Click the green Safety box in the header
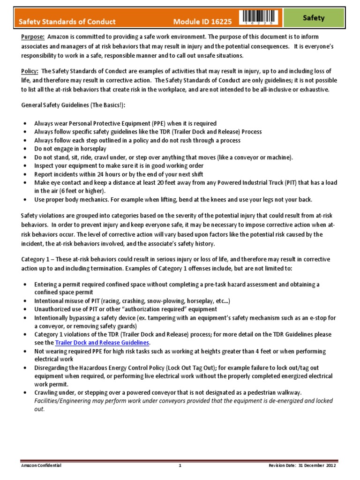[x=314, y=18]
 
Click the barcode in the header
[x=259, y=17]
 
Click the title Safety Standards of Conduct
[x=67, y=22]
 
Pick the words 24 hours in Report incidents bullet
[x=106, y=174]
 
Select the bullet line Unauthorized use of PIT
[x=126, y=309]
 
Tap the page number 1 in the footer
[x=180, y=466]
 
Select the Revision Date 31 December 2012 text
[x=308, y=466]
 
